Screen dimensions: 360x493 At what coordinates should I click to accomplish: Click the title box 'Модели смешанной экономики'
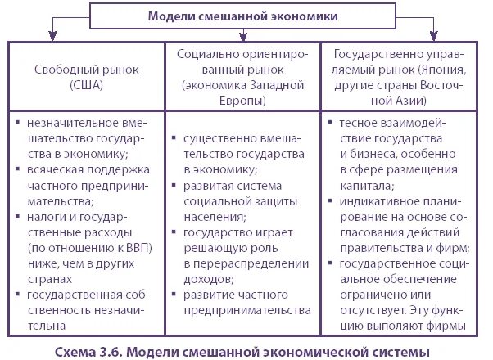pyautogui.click(x=243, y=16)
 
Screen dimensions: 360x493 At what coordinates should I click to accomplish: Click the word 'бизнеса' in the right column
pyautogui.click(x=370, y=154)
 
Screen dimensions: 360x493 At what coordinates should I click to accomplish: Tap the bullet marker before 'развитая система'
pyautogui.click(x=174, y=186)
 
